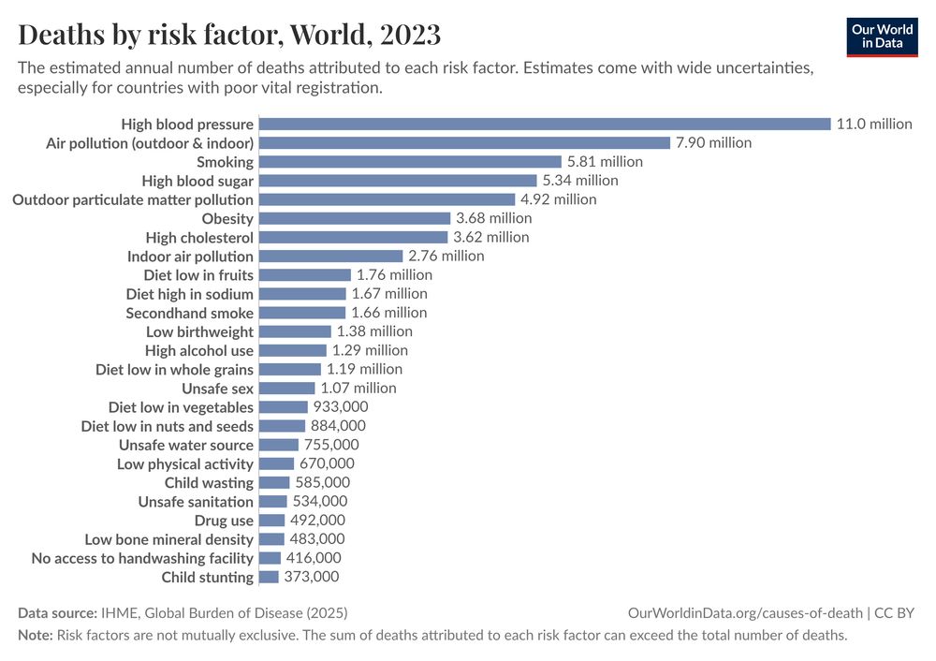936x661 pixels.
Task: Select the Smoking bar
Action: coord(410,162)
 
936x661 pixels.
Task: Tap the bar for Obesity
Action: coord(355,218)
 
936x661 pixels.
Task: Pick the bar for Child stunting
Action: coord(269,577)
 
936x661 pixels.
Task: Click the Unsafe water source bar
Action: coord(279,445)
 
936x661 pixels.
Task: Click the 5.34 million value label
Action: coord(580,181)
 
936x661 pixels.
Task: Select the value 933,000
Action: coord(341,406)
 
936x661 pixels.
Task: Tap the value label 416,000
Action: coord(314,557)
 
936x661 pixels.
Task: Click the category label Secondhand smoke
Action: coord(189,313)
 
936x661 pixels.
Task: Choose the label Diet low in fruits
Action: coord(198,275)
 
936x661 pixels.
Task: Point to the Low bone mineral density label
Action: coord(168,539)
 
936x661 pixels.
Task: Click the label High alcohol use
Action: coord(198,350)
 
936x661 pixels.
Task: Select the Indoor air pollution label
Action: coord(190,257)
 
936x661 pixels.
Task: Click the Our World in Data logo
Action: coord(882,36)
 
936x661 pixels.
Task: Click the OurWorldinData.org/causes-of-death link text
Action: coord(745,613)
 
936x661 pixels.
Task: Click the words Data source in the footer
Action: coord(57,613)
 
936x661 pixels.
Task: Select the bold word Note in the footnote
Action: coord(35,635)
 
